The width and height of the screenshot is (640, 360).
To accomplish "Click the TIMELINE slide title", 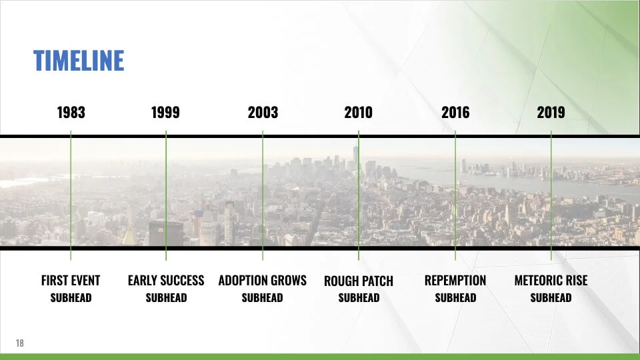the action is (x=79, y=61).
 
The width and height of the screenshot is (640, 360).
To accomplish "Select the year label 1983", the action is (x=71, y=112).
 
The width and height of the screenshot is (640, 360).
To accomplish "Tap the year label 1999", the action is (x=165, y=112).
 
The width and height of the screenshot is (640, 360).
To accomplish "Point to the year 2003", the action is (x=263, y=112).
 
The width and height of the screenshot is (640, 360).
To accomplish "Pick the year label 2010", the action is (x=359, y=112).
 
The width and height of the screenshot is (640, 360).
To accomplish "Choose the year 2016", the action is (x=455, y=112).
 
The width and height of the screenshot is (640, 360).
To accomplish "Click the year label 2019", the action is (x=551, y=112).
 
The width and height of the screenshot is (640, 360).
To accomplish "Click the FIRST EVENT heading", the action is (x=71, y=281).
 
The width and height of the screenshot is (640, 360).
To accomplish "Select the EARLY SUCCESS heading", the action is (x=166, y=281).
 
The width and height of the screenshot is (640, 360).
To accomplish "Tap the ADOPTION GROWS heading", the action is (x=263, y=281).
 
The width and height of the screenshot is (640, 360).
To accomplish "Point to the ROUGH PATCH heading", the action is (x=359, y=281).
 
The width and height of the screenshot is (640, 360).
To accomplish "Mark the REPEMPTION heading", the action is (x=455, y=281).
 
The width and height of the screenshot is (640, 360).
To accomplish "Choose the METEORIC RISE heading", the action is (x=551, y=281).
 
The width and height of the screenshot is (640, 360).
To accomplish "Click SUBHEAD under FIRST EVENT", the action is (x=71, y=297).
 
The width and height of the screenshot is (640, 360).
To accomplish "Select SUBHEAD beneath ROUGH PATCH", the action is (x=359, y=297).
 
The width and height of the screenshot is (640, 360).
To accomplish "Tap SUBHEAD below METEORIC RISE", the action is (x=551, y=297).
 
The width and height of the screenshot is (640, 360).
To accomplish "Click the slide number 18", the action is (x=19, y=343).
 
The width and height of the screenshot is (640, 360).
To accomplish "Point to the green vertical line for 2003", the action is (x=263, y=195).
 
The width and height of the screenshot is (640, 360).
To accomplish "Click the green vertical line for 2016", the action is (x=455, y=195).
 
